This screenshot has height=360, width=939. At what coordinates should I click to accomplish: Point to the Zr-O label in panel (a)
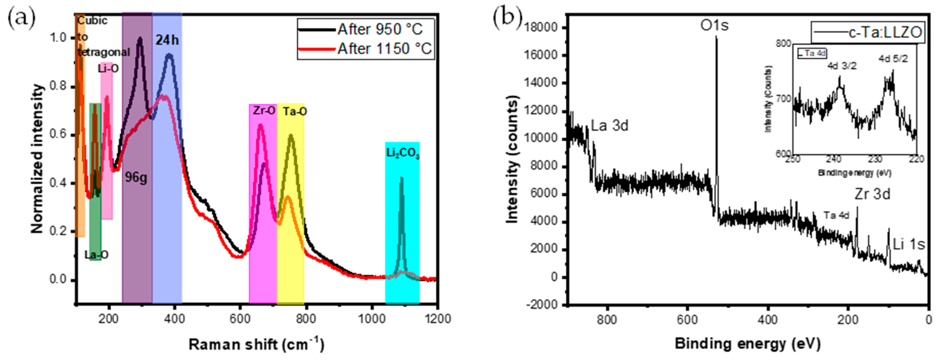click(x=264, y=110)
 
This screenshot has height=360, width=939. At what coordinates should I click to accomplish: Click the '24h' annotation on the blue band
click(x=167, y=40)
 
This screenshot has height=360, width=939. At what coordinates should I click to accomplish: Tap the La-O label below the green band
click(x=96, y=255)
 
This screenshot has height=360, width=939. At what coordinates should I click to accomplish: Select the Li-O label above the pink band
click(x=108, y=68)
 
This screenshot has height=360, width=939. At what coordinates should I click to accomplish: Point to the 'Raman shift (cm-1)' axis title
click(x=256, y=344)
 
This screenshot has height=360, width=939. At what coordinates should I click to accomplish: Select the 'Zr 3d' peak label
click(x=872, y=194)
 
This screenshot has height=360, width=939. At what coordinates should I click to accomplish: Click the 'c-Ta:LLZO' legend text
click(x=885, y=32)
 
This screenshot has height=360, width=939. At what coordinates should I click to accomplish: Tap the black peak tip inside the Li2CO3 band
click(x=401, y=178)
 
